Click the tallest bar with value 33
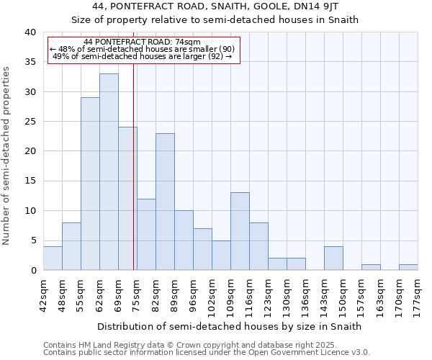click(x=109, y=172)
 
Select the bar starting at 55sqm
click(x=90, y=184)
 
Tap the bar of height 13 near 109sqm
click(x=240, y=231)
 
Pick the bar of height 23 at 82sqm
click(x=165, y=202)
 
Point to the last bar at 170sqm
click(x=408, y=267)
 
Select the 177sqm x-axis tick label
click(x=418, y=294)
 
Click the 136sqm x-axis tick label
click(x=305, y=294)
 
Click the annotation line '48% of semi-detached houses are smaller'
click(x=143, y=49)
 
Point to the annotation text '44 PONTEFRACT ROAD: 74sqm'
click(x=142, y=42)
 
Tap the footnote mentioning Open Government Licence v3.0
click(x=206, y=353)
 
